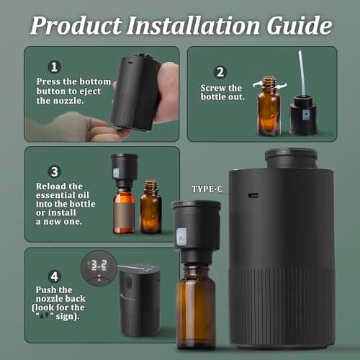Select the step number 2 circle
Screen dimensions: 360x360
pyautogui.click(x=220, y=72)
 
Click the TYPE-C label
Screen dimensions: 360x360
pyautogui.click(x=207, y=189)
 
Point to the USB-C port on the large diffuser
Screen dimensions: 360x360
pyautogui.click(x=253, y=194)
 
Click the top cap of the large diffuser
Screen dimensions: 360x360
pyautogui.click(x=291, y=157)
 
